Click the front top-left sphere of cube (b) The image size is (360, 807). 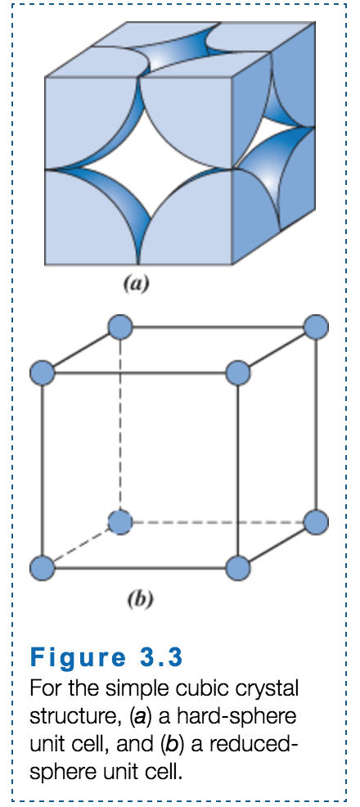coord(42,373)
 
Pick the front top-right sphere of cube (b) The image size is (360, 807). coord(238,373)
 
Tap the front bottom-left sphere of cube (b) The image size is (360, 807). coord(42,566)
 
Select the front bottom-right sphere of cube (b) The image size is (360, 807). coord(238,566)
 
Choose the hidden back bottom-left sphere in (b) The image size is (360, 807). coord(120,521)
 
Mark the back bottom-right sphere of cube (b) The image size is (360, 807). coord(316,521)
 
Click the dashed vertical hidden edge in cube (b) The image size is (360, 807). coord(120,426)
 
